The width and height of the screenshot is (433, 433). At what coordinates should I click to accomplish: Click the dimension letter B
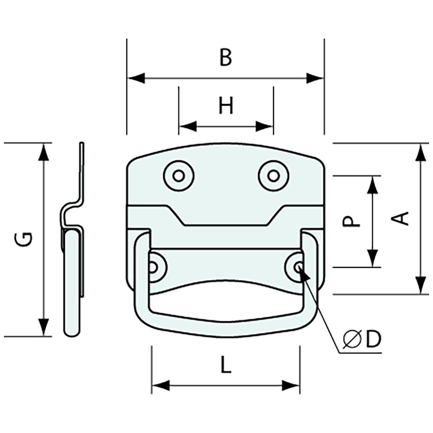coord(226,57)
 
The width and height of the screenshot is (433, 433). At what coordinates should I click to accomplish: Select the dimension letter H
coord(226,106)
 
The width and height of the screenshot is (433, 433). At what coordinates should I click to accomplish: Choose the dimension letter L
coord(226,366)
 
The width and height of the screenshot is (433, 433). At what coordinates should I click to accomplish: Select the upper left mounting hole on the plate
coord(178,175)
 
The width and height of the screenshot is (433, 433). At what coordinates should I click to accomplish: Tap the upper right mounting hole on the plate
coord(272,175)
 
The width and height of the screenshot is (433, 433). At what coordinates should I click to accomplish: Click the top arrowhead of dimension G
coord(44,152)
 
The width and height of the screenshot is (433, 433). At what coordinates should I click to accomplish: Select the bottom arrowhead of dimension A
coord(421,285)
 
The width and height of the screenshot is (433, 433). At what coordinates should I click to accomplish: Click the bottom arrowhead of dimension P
coord(372,258)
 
